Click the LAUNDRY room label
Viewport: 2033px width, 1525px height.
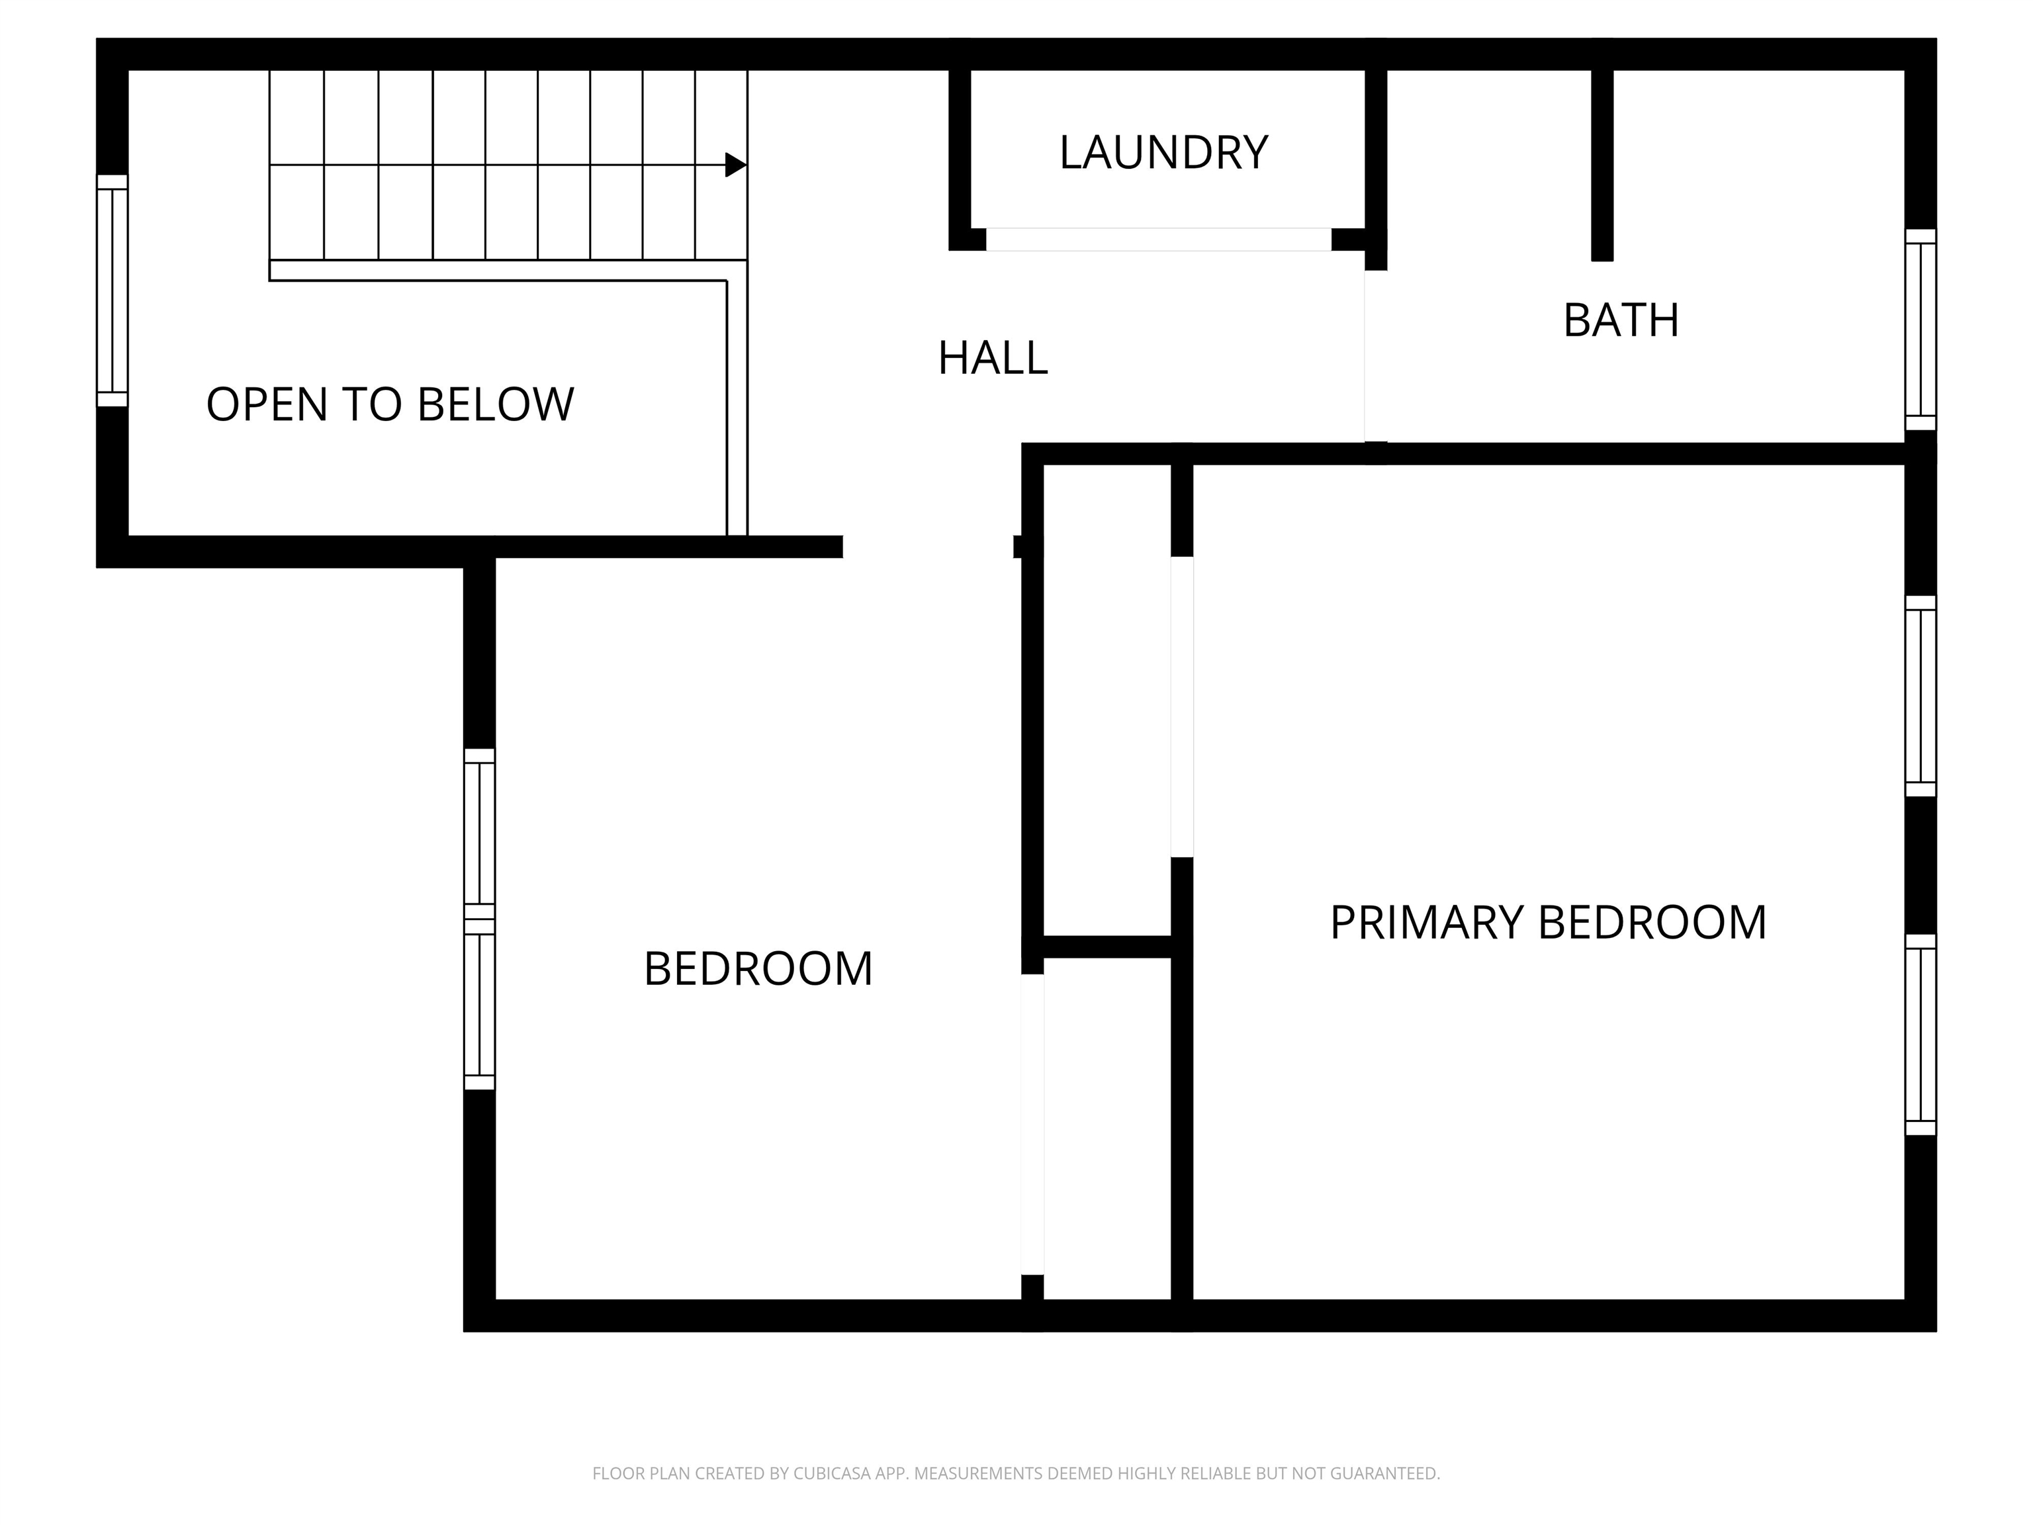point(1163,153)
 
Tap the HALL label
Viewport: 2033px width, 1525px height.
point(993,357)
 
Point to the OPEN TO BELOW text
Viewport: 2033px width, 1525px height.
point(390,404)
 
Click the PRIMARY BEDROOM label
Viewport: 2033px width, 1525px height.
point(1549,923)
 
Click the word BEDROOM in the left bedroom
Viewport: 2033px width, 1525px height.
point(758,969)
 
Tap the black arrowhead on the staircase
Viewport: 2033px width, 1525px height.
point(735,165)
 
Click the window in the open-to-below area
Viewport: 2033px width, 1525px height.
point(112,291)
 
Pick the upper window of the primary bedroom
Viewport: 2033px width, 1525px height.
point(1921,696)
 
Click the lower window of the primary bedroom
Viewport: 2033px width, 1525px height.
point(1921,1035)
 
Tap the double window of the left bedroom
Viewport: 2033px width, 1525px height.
point(480,919)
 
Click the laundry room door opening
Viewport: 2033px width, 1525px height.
point(1158,239)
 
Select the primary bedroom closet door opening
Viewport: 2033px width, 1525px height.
point(1182,707)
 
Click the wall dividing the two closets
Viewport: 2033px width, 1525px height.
point(1107,947)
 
